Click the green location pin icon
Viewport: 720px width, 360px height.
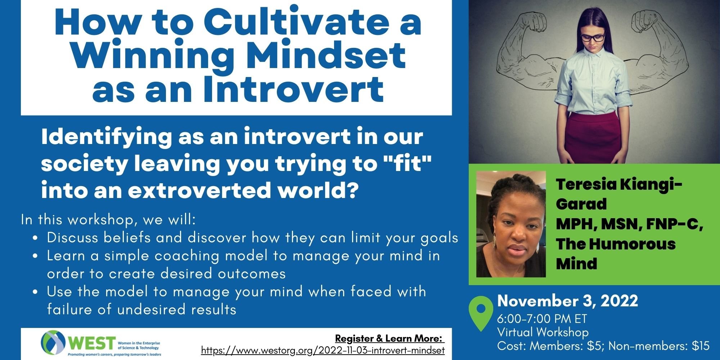(x=481, y=313)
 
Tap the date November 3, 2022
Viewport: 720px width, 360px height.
(x=568, y=301)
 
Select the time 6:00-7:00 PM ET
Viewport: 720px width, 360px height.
(x=542, y=319)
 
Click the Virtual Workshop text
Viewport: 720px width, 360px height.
(x=543, y=332)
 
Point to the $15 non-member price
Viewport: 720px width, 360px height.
(x=701, y=346)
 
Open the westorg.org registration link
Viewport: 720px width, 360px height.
(x=323, y=350)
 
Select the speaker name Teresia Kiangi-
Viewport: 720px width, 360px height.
(x=619, y=184)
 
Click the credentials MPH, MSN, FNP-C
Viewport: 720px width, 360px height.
(x=630, y=224)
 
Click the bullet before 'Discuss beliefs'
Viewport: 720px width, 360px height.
(x=35, y=238)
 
